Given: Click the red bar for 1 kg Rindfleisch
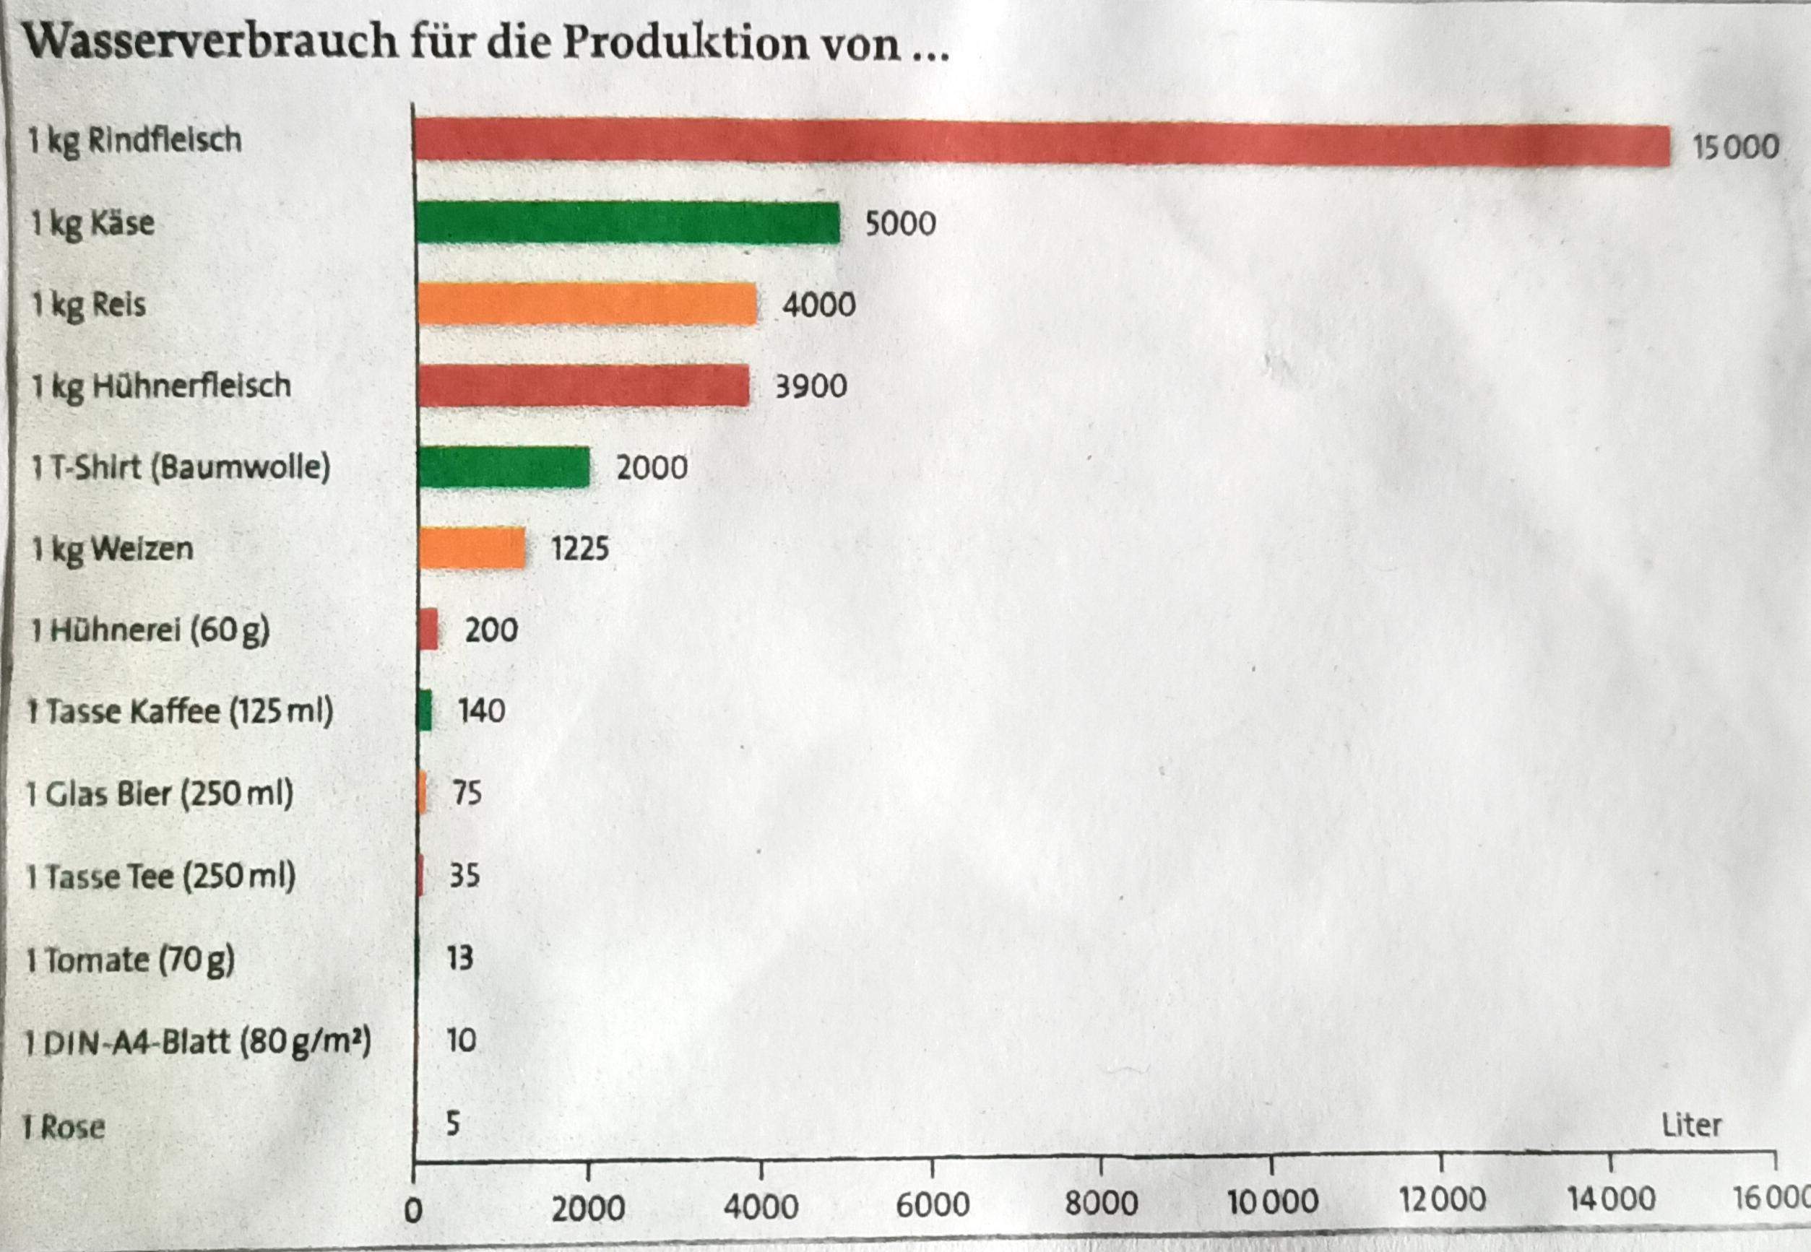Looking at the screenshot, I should (1042, 142).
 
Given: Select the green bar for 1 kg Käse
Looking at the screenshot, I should (628, 223).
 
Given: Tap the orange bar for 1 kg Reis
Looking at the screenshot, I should (587, 305).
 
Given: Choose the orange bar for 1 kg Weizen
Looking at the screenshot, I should (472, 547).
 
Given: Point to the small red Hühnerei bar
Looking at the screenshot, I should (428, 629).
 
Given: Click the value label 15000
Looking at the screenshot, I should (1735, 147).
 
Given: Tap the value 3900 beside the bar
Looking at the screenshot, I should (811, 386).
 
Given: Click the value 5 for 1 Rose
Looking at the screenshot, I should (453, 1124).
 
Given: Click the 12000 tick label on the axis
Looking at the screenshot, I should (1442, 1200).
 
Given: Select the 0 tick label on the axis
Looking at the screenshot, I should (413, 1210).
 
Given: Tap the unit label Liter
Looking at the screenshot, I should (1691, 1126).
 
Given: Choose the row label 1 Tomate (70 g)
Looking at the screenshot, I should (130, 960).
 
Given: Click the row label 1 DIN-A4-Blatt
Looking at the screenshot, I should (198, 1043).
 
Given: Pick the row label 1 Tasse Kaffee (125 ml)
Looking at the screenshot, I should (181, 711).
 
